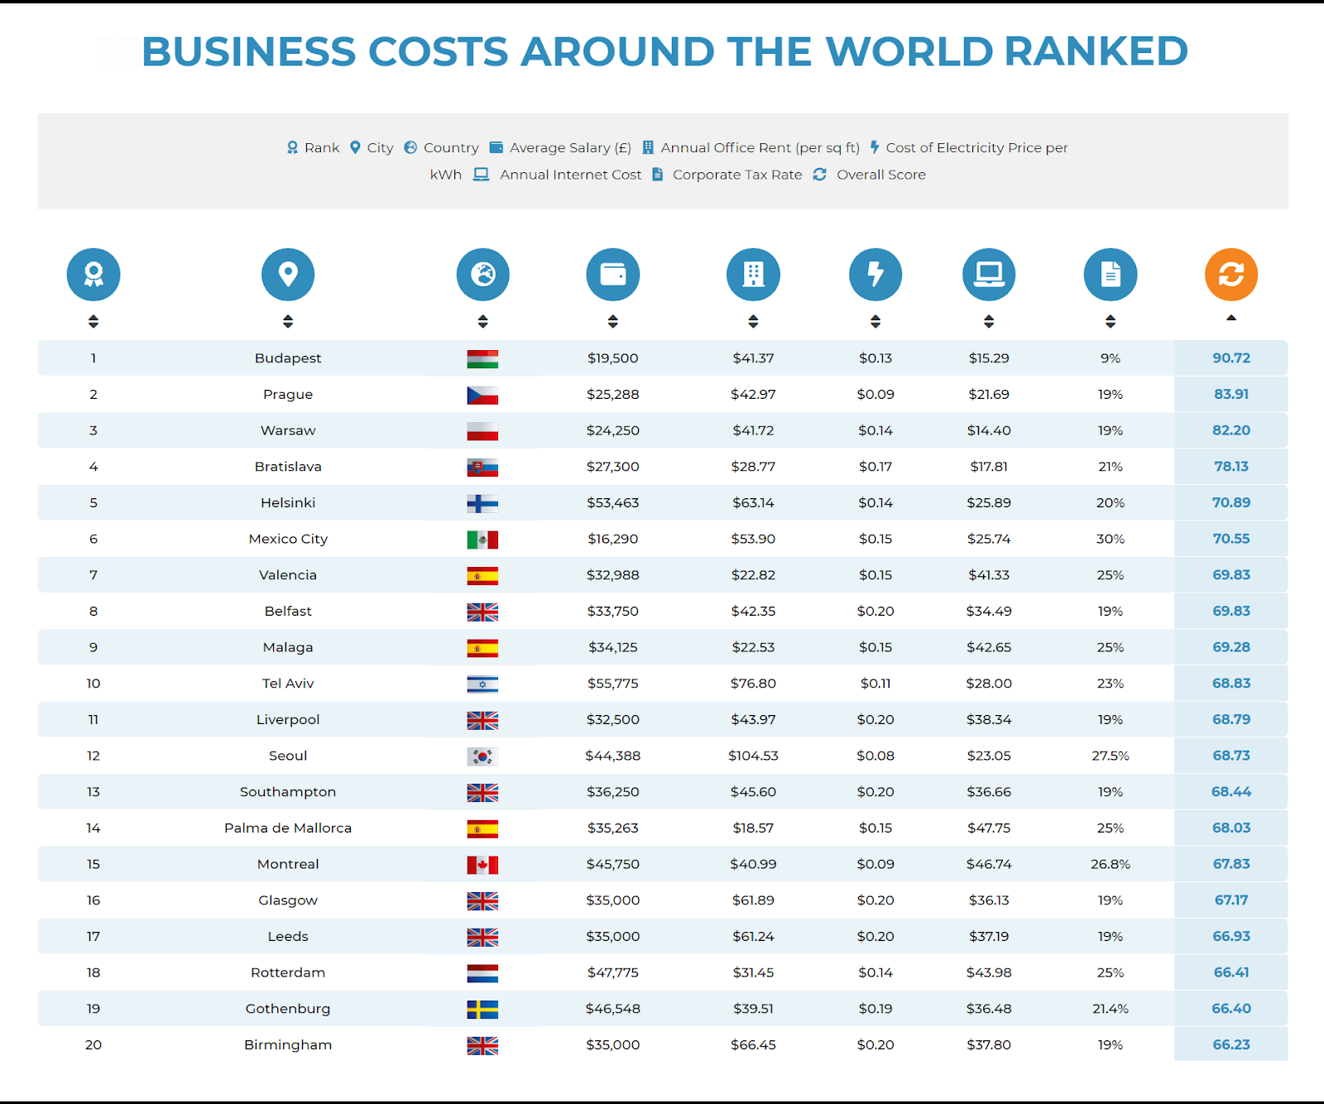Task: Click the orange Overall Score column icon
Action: [x=1231, y=274]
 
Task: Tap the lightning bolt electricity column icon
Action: [x=875, y=274]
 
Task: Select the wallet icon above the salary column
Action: [x=613, y=274]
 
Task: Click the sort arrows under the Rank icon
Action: [x=94, y=321]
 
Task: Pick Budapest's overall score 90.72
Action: [x=1231, y=358]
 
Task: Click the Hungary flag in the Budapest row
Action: [x=482, y=359]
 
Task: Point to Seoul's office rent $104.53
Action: [x=753, y=756]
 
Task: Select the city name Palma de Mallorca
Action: [x=288, y=828]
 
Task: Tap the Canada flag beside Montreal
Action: [x=482, y=865]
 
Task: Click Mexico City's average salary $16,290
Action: [x=613, y=539]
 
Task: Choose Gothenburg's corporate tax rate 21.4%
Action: [x=1111, y=1009]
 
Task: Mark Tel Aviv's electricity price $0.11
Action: [x=875, y=684]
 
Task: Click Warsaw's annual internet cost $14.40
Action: [x=989, y=430]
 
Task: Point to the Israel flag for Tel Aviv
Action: [x=482, y=684]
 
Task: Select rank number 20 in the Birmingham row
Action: [x=94, y=1044]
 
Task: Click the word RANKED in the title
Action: [x=1096, y=51]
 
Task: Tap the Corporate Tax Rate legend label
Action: [x=737, y=175]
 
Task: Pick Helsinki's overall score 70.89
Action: [x=1231, y=502]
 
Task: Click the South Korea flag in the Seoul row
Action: [x=482, y=756]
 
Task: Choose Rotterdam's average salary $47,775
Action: [x=613, y=972]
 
